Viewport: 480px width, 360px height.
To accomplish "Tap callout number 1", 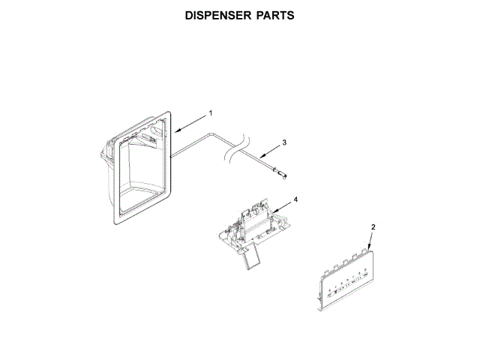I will pos(211,112).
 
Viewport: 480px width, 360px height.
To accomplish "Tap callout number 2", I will pos(373,226).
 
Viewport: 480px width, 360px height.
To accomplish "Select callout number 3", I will pos(284,142).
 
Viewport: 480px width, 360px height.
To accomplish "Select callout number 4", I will pos(295,200).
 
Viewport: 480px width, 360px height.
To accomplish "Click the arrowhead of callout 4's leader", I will pos(271,213).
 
